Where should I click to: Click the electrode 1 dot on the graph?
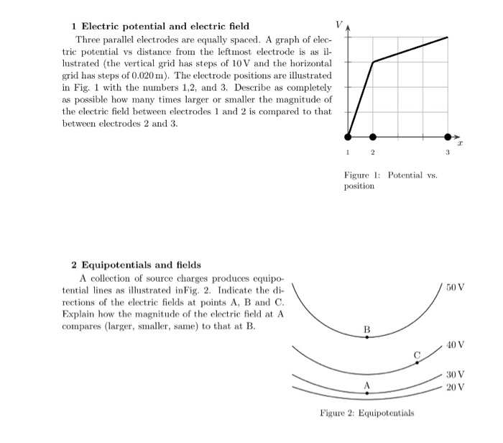click(x=349, y=137)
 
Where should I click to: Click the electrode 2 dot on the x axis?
click(x=373, y=137)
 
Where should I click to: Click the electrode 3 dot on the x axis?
click(x=448, y=137)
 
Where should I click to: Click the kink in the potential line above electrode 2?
click(x=373, y=62)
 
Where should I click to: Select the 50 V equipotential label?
click(x=455, y=288)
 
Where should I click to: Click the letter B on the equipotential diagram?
click(x=367, y=329)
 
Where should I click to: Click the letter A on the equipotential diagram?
click(x=366, y=385)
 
